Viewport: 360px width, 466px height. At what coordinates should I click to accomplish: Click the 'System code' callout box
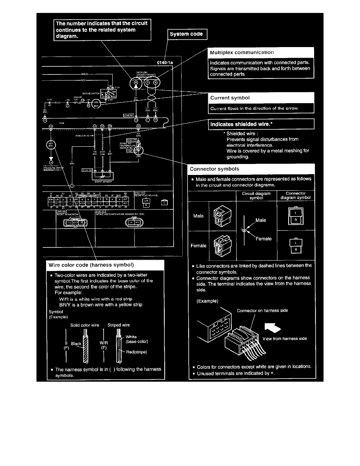point(187,34)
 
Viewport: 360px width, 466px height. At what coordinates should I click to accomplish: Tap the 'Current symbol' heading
point(230,98)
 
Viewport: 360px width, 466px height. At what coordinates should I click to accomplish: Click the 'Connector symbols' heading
point(214,169)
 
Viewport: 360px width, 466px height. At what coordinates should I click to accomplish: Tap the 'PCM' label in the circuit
point(61,123)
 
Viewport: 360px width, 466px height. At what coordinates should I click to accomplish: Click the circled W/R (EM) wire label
point(51,146)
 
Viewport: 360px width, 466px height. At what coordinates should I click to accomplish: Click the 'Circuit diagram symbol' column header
point(256,195)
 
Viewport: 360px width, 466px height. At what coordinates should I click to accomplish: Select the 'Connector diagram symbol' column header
point(296,195)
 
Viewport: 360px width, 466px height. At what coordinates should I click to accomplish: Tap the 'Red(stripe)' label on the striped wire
point(137,352)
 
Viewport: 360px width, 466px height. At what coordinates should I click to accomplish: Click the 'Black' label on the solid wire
point(76,344)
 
